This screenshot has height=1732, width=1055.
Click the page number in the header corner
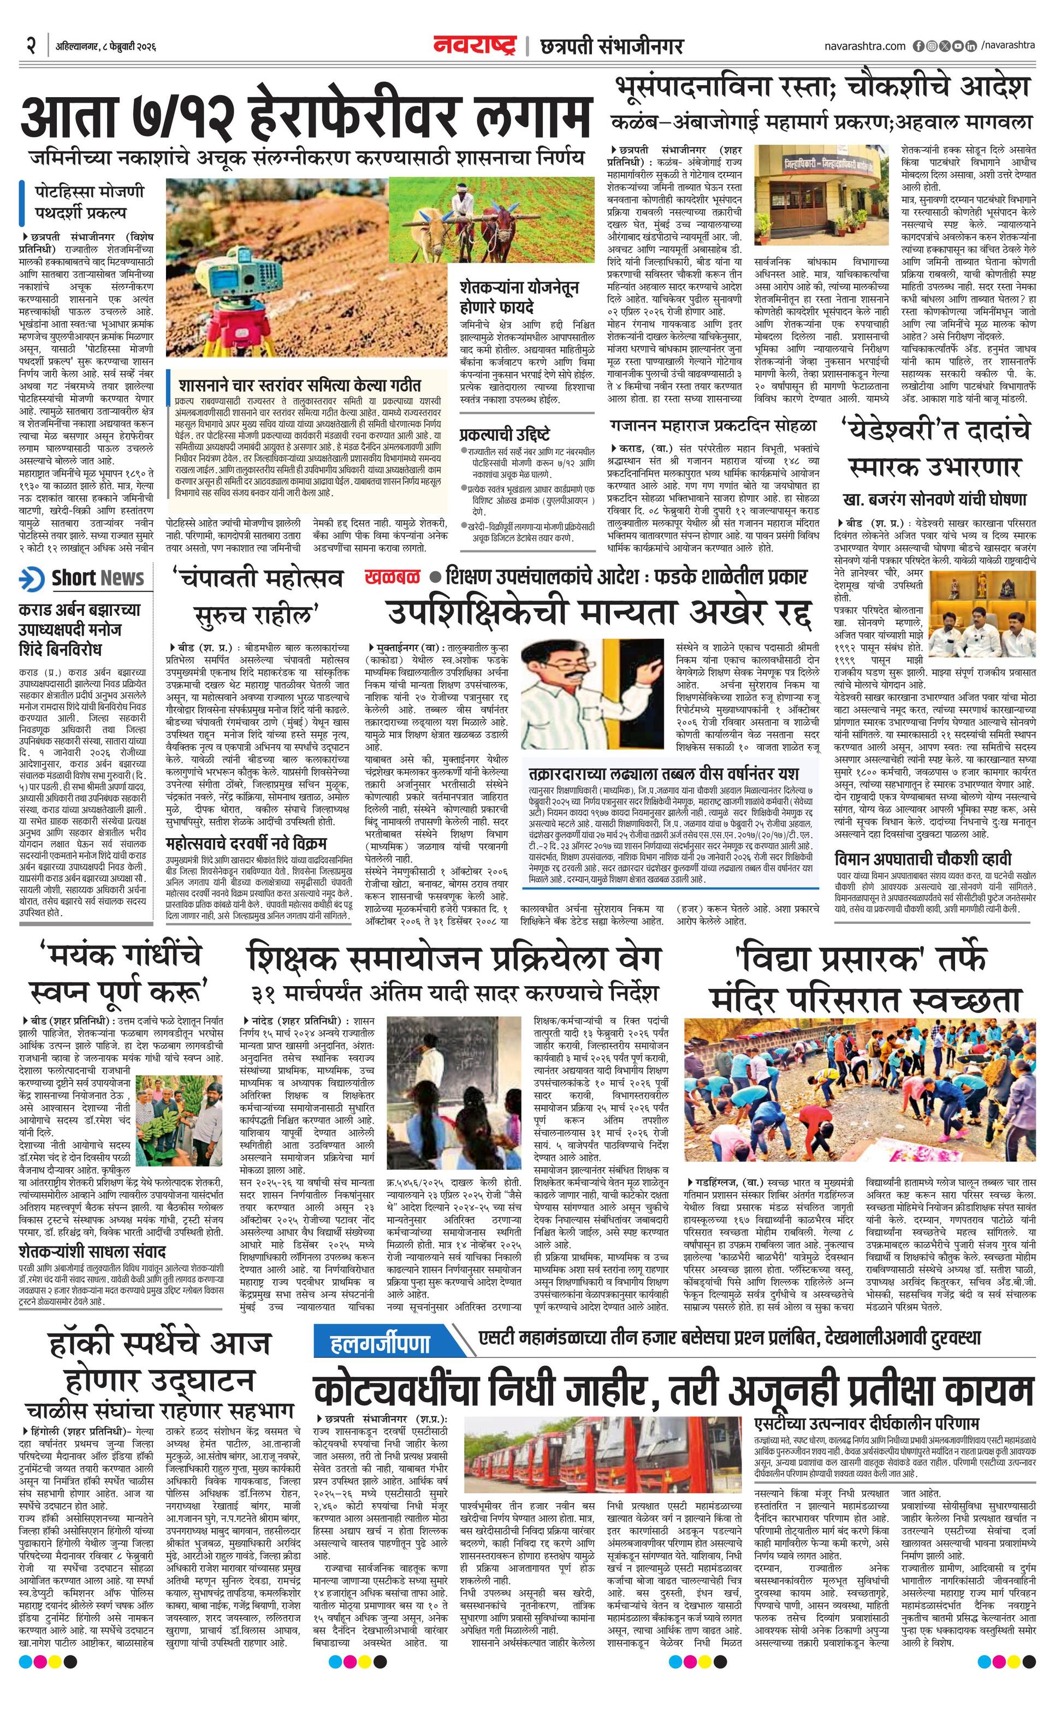[31, 46]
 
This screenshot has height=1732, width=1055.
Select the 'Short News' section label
[97, 578]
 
